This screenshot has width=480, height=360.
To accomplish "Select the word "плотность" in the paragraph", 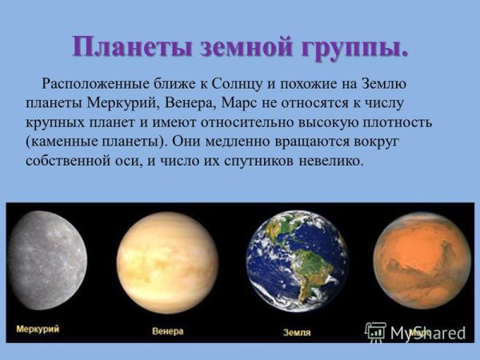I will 397,122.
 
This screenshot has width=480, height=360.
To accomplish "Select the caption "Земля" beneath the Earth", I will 297,331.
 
